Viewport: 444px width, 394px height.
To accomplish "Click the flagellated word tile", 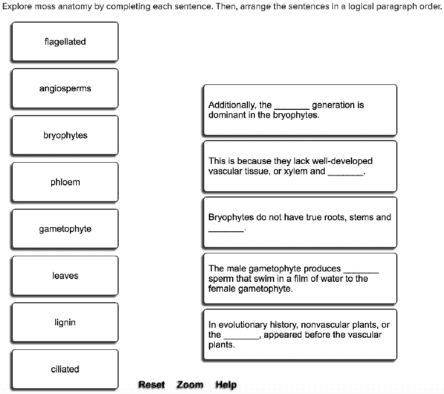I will [x=65, y=42].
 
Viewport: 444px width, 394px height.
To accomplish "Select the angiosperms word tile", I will [x=65, y=89].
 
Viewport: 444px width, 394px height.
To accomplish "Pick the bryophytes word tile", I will [x=65, y=135].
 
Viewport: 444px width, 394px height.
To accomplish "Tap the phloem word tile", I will [x=65, y=182].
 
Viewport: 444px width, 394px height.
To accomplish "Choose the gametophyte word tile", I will [x=65, y=229].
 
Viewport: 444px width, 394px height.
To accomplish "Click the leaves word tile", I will [x=65, y=276].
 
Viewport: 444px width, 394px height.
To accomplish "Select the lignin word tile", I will [x=65, y=323].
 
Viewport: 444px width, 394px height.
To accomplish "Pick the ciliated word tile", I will [x=65, y=370].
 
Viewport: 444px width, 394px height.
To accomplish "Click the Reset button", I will [x=151, y=385].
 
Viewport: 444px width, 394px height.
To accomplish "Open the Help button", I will [x=226, y=385].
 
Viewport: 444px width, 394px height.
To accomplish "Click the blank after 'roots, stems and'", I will [x=226, y=230].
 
